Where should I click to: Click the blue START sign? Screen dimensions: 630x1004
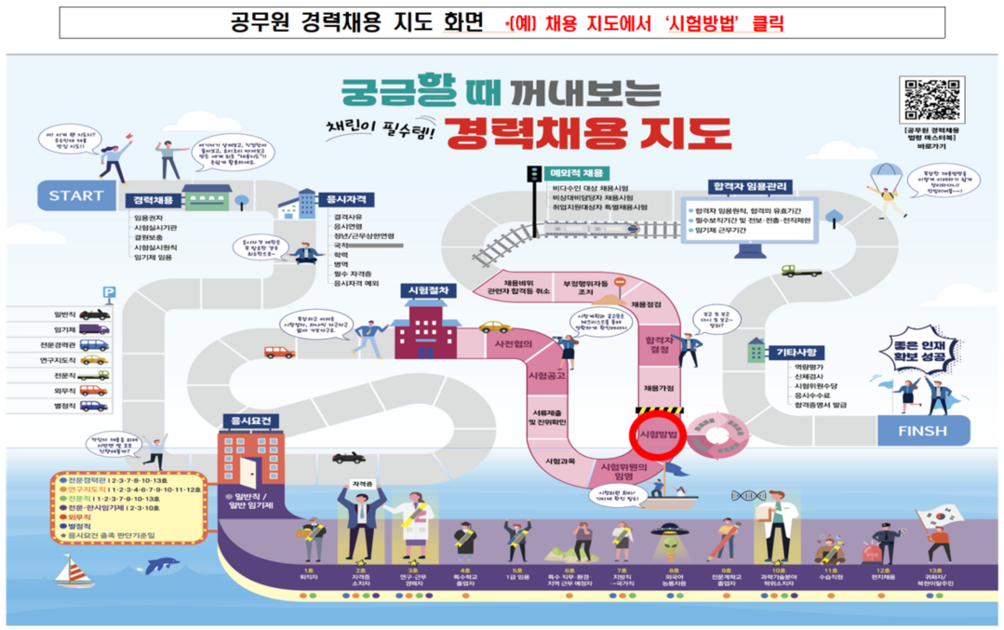pyautogui.click(x=76, y=195)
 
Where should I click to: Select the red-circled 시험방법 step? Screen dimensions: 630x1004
pyautogui.click(x=656, y=435)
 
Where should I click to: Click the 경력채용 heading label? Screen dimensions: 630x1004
pyautogui.click(x=154, y=200)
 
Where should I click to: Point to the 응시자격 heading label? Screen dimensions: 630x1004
pyautogui.click(x=345, y=199)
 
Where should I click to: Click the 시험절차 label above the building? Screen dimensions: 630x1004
pyautogui.click(x=429, y=290)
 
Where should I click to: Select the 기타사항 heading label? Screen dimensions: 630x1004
pyautogui.click(x=797, y=352)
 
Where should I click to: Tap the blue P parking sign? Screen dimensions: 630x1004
pyautogui.click(x=109, y=292)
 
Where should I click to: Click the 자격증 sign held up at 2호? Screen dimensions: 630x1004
pyautogui.click(x=360, y=484)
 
